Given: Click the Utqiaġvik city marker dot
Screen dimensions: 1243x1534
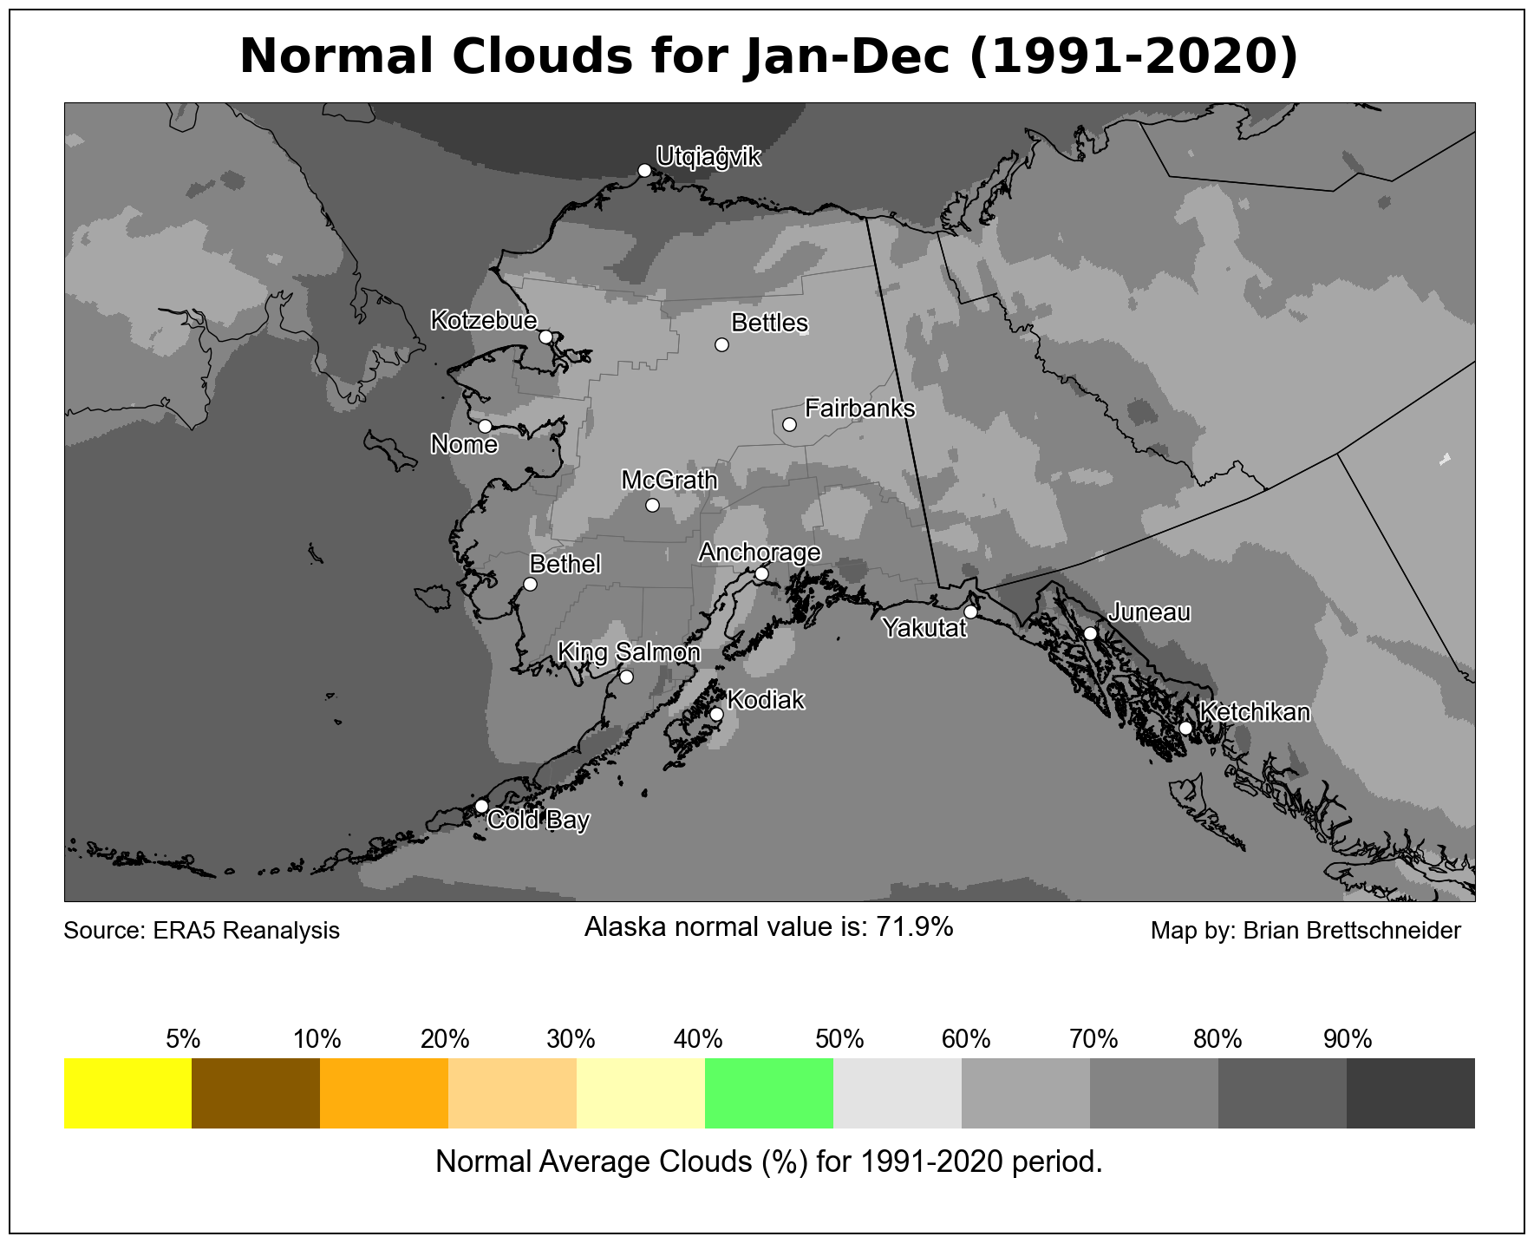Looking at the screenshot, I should point(644,170).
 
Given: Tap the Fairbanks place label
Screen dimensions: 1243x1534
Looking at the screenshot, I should point(859,408).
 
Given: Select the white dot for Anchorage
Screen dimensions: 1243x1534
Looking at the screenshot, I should point(761,573).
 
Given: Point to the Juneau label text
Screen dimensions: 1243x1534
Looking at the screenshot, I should point(1149,612).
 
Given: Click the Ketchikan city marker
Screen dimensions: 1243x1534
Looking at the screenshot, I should point(1185,728).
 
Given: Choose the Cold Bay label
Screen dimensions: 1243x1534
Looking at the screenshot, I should point(539,820).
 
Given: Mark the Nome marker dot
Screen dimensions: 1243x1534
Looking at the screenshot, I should point(485,426).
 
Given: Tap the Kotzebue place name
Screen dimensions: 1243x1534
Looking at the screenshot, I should point(484,320).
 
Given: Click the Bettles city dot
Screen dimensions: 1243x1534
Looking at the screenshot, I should point(721,344).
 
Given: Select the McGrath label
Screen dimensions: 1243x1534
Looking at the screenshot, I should point(669,480).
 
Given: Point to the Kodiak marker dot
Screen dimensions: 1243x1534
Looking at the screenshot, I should point(716,714).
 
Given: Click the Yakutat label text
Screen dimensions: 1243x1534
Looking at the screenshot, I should point(924,628).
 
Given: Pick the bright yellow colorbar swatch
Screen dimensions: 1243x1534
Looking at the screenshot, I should point(127,1093).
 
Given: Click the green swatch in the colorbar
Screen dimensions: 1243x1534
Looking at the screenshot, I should point(769,1093).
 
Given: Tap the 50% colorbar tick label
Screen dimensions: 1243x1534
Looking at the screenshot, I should point(839,1038).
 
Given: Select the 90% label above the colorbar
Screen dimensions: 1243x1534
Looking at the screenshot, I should point(1348,1038).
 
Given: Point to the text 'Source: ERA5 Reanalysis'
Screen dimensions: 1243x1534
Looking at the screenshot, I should point(202,931).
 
